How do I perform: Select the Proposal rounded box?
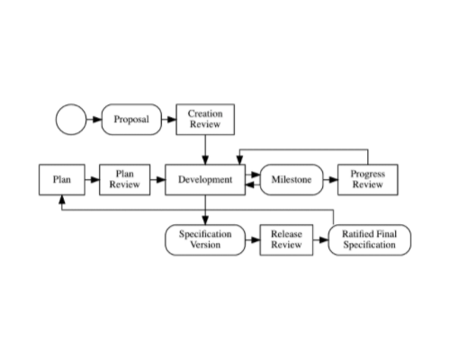click(x=131, y=120)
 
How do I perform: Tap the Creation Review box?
click(x=205, y=120)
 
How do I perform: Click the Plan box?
click(x=62, y=180)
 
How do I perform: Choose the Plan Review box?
click(x=125, y=180)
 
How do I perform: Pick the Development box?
click(x=205, y=180)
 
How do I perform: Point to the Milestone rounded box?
click(x=292, y=180)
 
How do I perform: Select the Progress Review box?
click(x=368, y=180)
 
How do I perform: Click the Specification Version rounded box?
click(x=205, y=239)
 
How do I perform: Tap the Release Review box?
click(x=286, y=239)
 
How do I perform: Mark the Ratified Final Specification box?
click(x=370, y=239)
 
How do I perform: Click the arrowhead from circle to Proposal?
click(x=97, y=120)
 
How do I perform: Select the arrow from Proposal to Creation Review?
click(x=169, y=120)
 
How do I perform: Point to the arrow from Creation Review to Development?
click(x=205, y=149)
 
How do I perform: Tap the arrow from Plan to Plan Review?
click(x=92, y=180)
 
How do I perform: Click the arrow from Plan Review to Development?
click(x=157, y=180)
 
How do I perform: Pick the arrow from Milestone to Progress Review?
click(x=330, y=180)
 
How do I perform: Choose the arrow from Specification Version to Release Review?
click(x=253, y=239)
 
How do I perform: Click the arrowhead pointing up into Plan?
click(x=62, y=200)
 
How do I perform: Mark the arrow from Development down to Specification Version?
click(x=205, y=210)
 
